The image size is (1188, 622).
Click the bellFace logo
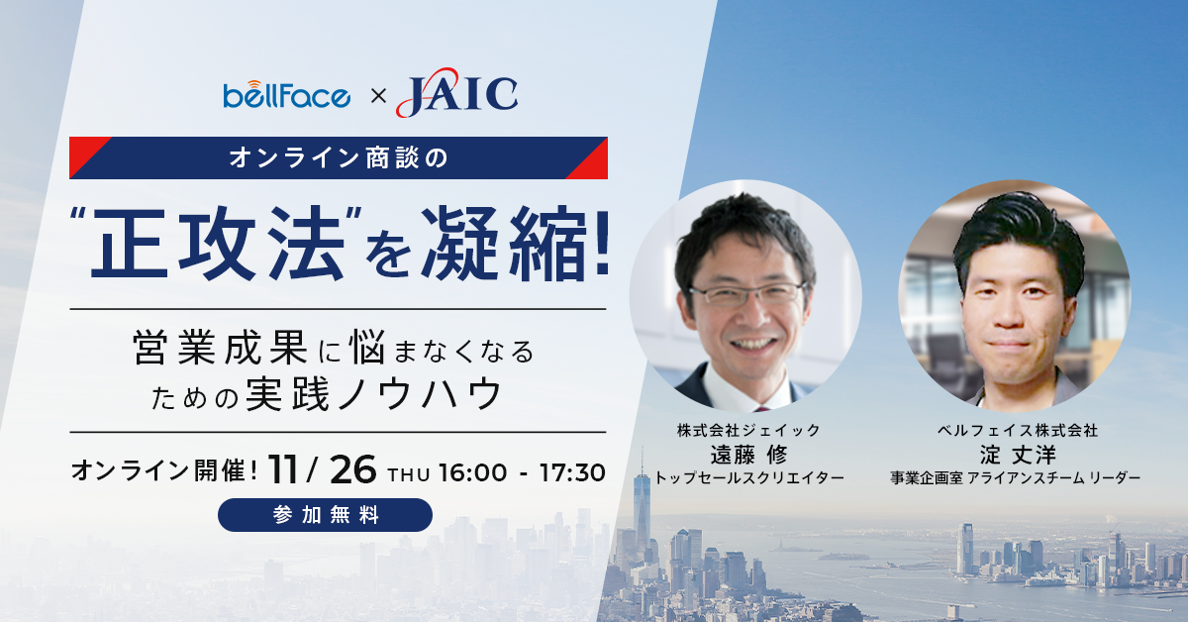tap(286, 95)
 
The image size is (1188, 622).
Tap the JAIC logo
tap(456, 93)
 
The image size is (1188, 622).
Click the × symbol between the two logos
tap(378, 96)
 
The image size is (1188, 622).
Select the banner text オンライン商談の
tap(339, 158)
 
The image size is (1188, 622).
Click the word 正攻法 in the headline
tap(219, 244)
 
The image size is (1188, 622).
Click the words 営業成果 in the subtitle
tap(221, 348)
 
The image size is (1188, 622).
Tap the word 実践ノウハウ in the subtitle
tap(374, 394)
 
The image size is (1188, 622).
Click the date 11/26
tap(323, 470)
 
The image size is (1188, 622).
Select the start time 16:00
tap(472, 472)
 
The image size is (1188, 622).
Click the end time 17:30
tap(572, 472)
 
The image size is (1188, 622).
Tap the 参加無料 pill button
tap(325, 515)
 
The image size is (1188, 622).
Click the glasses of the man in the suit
tap(747, 294)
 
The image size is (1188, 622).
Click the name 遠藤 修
tap(748, 455)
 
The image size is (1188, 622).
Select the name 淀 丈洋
tap(1018, 455)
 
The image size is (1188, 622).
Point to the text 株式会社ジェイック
tap(748, 430)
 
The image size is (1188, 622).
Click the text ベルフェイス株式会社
tap(1018, 430)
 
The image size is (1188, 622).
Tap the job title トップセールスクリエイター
tap(748, 478)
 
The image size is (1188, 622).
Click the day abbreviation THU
tap(408, 475)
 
